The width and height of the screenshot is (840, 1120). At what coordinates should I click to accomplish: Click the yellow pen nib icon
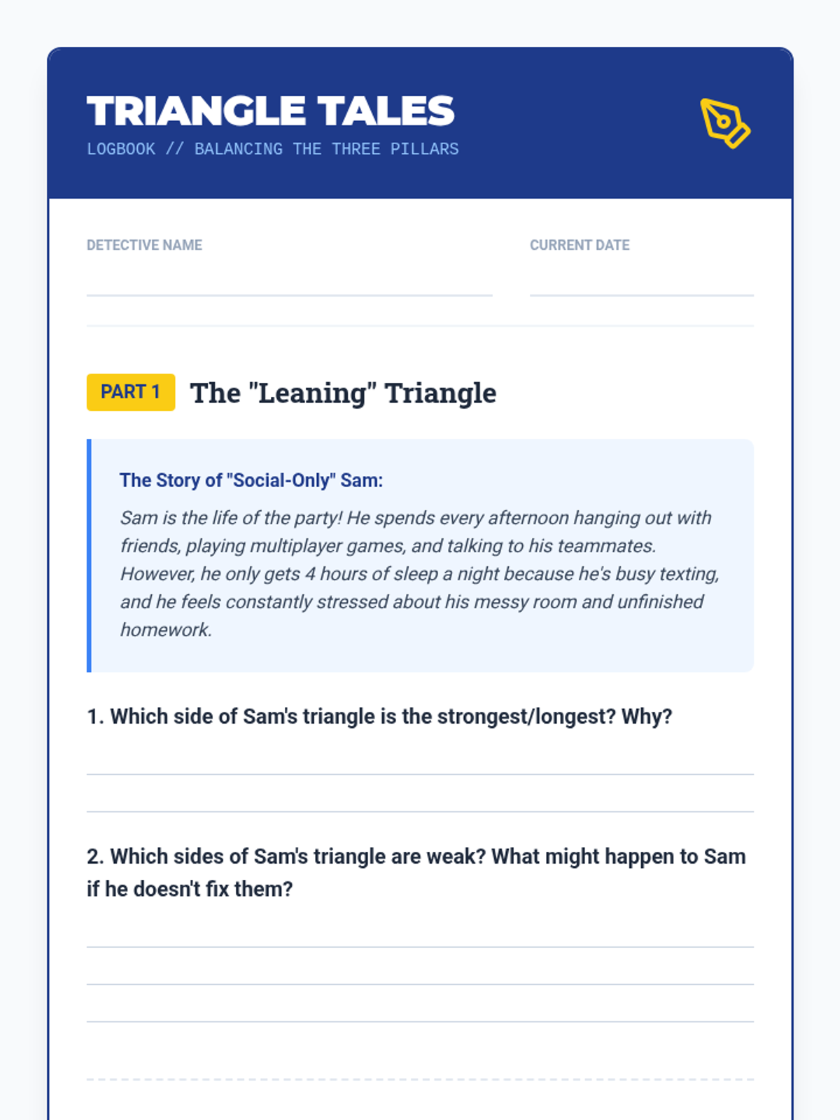point(724,123)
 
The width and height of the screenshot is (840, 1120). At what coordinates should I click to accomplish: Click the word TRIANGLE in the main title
point(196,111)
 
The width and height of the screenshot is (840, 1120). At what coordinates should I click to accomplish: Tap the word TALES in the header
point(386,111)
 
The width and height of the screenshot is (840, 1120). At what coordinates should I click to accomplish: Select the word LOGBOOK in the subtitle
point(121,149)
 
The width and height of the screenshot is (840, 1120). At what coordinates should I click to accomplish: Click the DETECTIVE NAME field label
point(144,245)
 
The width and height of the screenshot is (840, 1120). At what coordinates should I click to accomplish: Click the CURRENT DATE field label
point(580,245)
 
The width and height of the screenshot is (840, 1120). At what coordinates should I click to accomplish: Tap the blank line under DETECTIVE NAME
point(289,294)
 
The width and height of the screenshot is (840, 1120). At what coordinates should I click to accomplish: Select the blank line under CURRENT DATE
point(641,294)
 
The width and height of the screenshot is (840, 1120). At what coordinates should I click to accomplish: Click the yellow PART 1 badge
point(131,392)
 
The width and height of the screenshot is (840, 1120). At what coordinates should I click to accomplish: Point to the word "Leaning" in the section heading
point(313,393)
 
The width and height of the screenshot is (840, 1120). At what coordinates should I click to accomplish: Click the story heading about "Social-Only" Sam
point(251,480)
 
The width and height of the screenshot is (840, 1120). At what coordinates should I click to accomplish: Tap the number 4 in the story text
point(310,574)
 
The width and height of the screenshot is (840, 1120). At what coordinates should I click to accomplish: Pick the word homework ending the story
point(164,630)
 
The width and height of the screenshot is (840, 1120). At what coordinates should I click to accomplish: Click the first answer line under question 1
point(420,773)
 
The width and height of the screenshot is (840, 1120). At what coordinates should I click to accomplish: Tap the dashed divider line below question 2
point(420,1079)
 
